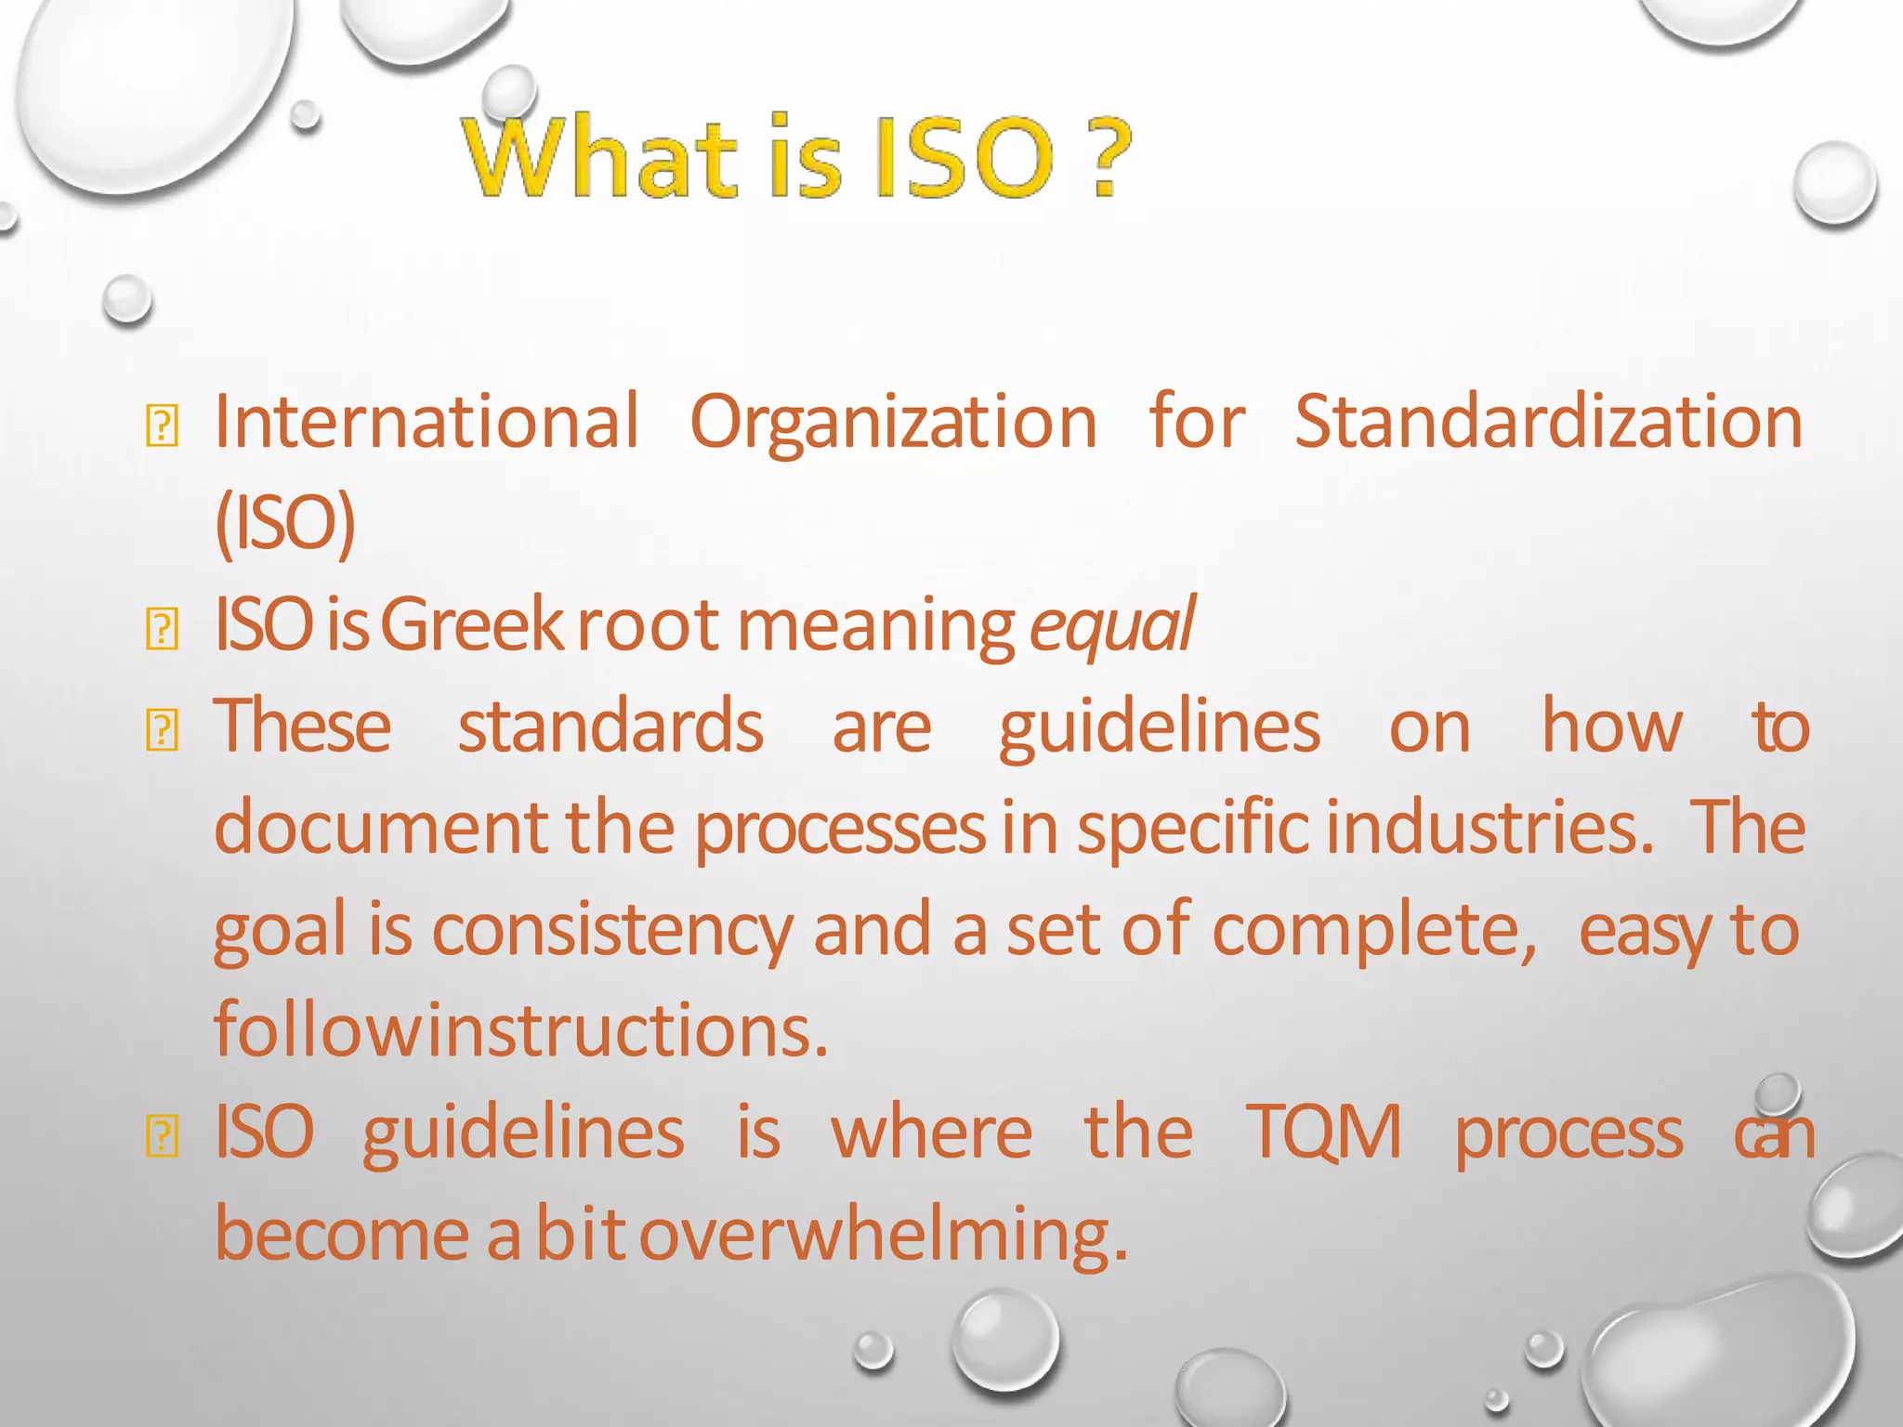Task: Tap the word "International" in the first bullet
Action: (427, 422)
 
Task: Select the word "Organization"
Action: (893, 424)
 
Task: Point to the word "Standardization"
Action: (1548, 422)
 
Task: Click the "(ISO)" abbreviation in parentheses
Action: (284, 523)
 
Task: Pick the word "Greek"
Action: (472, 624)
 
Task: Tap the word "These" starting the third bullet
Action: (303, 727)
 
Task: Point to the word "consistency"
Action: (612, 931)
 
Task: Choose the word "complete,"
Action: (1374, 931)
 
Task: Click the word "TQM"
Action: (1324, 1132)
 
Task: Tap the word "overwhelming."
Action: (884, 1236)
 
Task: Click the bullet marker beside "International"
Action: (163, 425)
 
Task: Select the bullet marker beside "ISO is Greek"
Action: (163, 628)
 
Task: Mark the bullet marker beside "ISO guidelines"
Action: (163, 1135)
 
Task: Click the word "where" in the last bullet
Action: (932, 1132)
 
